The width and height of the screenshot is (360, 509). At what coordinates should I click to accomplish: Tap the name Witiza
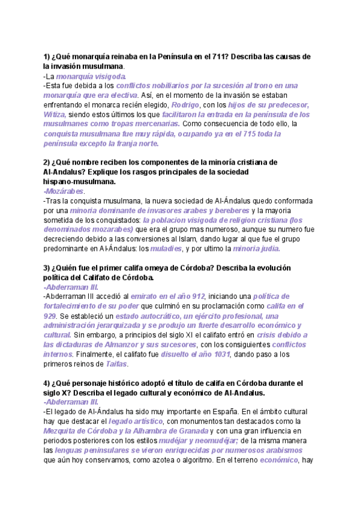tap(55, 115)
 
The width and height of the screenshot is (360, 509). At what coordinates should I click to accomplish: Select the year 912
tap(197, 297)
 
